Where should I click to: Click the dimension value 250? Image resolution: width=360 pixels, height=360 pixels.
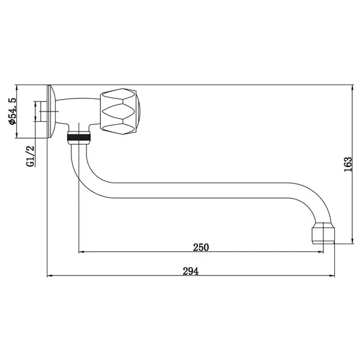point(201,247)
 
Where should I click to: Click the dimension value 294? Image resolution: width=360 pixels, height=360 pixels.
point(191,271)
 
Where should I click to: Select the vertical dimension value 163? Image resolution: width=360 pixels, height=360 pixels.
point(348,164)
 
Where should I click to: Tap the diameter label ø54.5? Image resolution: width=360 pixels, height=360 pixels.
point(13,111)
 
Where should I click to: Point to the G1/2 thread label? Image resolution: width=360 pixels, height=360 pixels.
point(31,156)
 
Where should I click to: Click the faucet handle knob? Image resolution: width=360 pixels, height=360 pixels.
point(120,112)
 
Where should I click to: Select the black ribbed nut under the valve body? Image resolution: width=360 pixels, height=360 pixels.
point(79,137)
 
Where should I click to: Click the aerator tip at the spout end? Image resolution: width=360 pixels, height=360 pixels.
point(323,233)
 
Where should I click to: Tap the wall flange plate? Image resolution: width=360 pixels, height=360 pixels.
point(51,112)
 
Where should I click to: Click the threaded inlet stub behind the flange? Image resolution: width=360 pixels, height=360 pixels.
point(43,112)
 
